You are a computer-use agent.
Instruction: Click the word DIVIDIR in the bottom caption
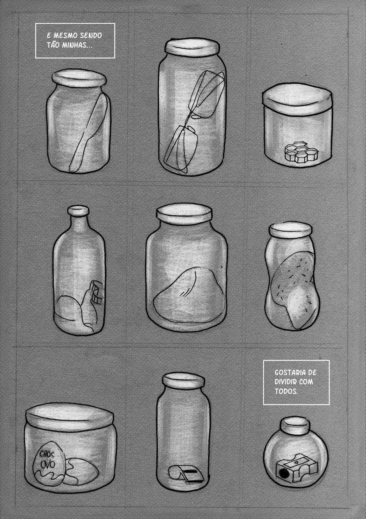click(x=285, y=382)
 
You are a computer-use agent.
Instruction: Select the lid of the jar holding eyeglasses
click(x=192, y=46)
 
